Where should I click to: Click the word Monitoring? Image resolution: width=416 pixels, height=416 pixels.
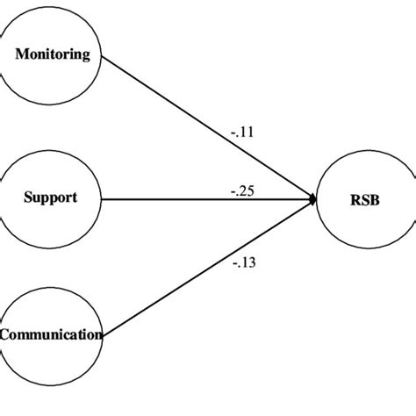tap(53, 54)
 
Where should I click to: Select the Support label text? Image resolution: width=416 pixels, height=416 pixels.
tap(50, 197)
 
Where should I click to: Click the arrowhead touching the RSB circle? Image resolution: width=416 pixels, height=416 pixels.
tap(312, 201)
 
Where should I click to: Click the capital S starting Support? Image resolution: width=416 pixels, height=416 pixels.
tap(26, 197)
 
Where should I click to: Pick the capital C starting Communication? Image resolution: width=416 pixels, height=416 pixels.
tap(5, 334)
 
